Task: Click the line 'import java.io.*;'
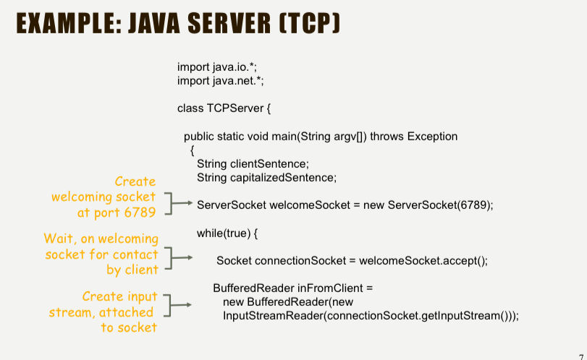(x=216, y=67)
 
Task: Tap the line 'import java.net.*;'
(x=220, y=80)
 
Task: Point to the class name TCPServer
(x=235, y=108)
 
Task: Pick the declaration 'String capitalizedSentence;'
(x=266, y=177)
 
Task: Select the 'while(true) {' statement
(x=227, y=233)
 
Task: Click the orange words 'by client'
(x=132, y=270)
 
